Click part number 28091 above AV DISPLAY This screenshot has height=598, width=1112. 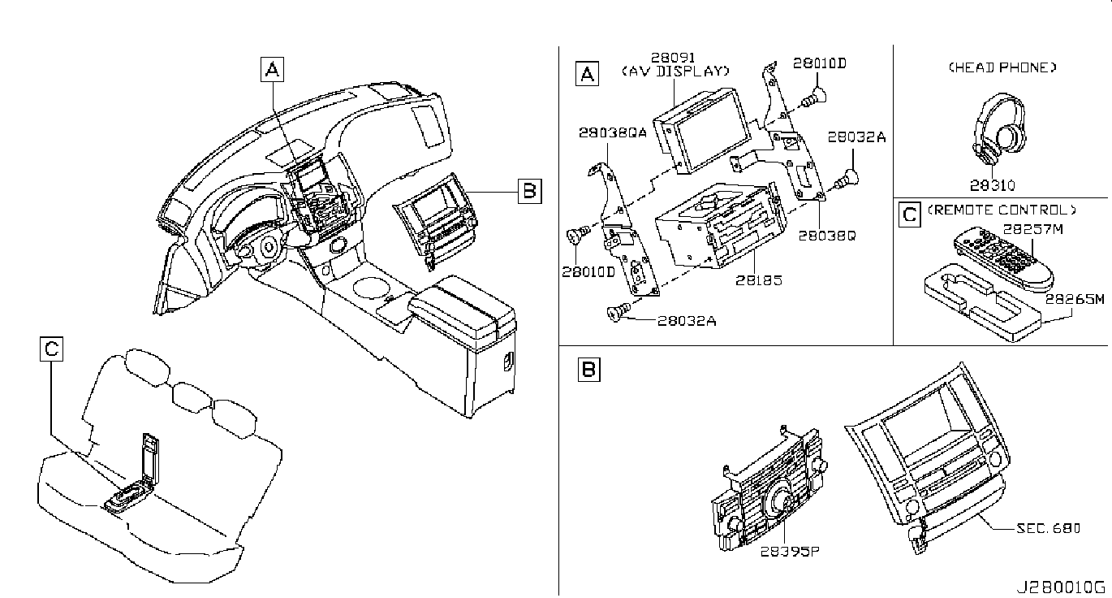[673, 58]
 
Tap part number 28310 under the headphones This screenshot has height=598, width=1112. [993, 185]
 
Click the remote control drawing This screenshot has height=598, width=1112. [1002, 258]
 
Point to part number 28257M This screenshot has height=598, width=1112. [1033, 229]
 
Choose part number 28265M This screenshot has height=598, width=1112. [1075, 299]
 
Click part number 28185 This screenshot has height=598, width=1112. [759, 280]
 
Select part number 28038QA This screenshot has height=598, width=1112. [613, 132]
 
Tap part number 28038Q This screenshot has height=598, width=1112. [827, 235]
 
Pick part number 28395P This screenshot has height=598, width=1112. [789, 551]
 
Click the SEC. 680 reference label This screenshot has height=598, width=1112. [1048, 528]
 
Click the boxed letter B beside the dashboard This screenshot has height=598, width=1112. [530, 192]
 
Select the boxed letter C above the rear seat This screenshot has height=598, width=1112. [52, 349]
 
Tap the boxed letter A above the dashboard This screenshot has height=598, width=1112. [273, 69]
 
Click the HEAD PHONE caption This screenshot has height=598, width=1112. [1002, 67]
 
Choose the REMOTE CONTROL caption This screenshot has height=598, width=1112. [1002, 210]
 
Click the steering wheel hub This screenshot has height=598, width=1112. [269, 246]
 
